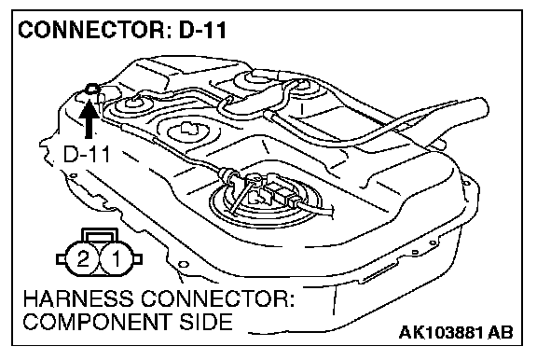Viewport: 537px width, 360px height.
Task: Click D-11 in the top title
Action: tap(202, 30)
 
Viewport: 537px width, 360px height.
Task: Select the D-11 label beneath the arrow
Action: tap(87, 155)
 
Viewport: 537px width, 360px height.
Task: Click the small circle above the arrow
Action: tap(92, 90)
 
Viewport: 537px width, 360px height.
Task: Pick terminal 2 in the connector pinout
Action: tap(83, 258)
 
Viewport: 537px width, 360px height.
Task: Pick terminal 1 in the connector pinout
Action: tap(117, 258)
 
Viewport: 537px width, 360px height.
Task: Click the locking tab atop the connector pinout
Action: tap(100, 235)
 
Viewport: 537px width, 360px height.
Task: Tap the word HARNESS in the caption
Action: tap(78, 299)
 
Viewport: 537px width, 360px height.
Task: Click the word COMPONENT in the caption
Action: tap(96, 322)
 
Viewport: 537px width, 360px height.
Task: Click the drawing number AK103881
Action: tap(441, 332)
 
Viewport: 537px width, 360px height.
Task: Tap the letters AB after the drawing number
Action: tap(501, 332)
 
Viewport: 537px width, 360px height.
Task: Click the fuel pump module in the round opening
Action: tap(266, 199)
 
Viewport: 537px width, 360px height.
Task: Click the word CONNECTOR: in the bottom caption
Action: tap(218, 299)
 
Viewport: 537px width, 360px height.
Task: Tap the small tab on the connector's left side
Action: tap(61, 259)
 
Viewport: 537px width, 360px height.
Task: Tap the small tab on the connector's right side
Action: tap(138, 259)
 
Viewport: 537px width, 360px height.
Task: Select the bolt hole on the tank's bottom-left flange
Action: tap(184, 265)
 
